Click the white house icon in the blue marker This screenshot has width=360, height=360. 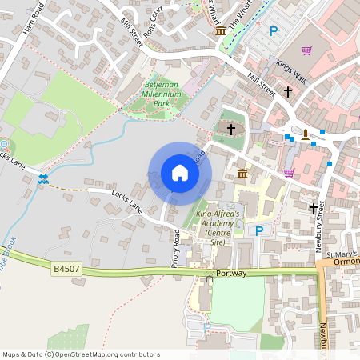179,173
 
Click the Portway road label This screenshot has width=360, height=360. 232,273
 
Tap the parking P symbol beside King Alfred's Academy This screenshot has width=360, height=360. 258,230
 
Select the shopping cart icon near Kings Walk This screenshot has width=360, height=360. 306,50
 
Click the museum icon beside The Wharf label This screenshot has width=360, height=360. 220,30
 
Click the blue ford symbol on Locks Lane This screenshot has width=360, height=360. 43,178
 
